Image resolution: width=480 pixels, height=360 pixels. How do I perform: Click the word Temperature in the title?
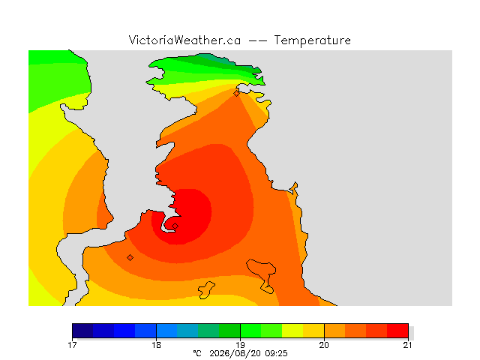click(312, 40)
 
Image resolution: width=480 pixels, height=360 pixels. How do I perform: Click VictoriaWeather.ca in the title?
click(184, 40)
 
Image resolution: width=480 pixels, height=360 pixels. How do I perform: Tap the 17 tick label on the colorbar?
click(72, 345)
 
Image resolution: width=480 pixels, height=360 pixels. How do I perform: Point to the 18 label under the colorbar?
click(157, 345)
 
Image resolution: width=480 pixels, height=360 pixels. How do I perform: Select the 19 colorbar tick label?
click(240, 345)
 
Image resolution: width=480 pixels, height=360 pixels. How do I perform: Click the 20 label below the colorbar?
click(324, 345)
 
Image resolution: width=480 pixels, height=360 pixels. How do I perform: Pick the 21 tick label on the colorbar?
click(407, 345)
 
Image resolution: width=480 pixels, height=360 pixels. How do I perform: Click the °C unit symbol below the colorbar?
click(197, 353)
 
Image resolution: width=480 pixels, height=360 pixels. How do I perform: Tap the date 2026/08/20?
click(235, 353)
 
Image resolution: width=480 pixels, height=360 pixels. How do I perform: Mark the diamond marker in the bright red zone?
click(175, 226)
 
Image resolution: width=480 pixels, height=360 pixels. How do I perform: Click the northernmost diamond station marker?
click(236, 93)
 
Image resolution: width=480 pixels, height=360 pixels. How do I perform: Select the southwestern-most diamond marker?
click(130, 257)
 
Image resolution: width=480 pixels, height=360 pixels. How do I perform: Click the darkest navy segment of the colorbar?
click(82, 331)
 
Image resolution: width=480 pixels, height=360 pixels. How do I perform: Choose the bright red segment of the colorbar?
click(397, 331)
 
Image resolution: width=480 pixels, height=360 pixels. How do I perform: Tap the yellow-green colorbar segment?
click(292, 331)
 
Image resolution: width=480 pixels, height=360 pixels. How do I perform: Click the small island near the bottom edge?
click(206, 290)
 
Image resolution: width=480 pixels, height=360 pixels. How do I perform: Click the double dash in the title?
click(257, 40)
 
